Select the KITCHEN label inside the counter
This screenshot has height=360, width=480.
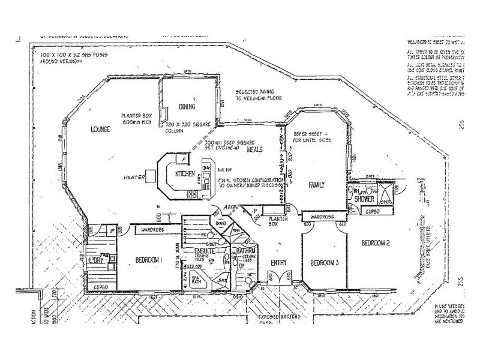[185, 174]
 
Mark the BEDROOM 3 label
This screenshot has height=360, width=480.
[325, 263]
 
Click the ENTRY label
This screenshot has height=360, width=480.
[278, 262]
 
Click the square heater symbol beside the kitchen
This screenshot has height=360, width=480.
[151, 176]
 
